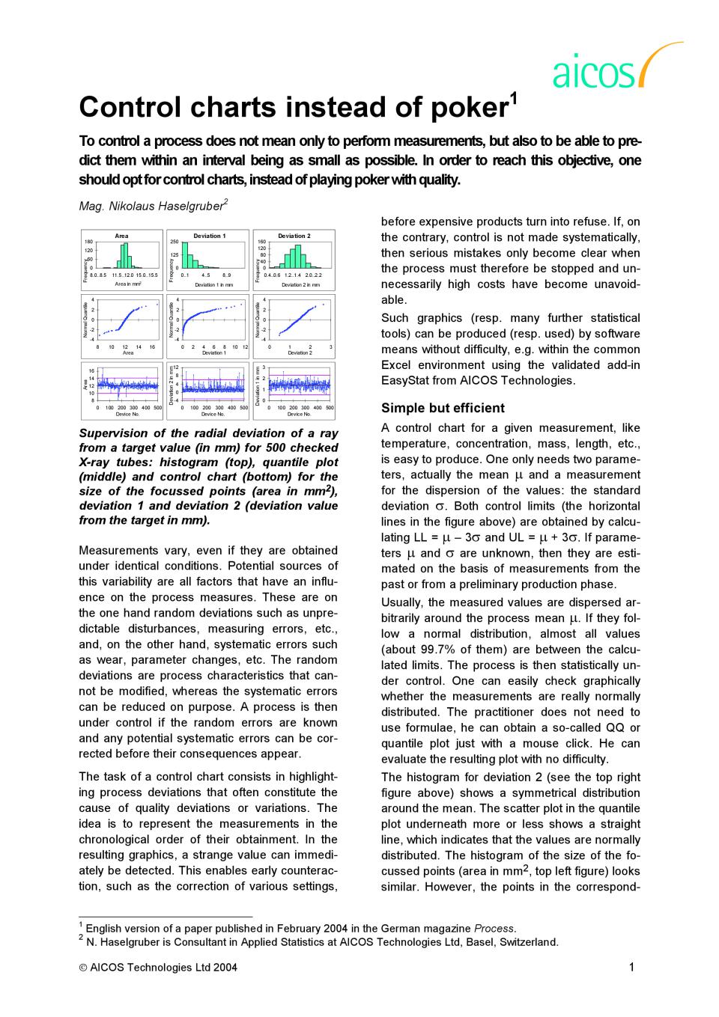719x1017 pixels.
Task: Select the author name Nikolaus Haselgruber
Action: [x=166, y=205]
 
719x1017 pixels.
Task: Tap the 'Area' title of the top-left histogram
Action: [x=121, y=236]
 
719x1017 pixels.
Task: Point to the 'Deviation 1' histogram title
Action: [x=209, y=236]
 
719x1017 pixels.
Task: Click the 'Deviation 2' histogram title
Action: [x=294, y=236]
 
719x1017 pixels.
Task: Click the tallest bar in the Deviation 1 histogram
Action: [x=184, y=254]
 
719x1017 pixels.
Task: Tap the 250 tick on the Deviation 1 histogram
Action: [x=175, y=242]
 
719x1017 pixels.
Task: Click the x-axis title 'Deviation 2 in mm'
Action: [x=300, y=285]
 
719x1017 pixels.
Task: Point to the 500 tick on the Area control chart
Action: [x=157, y=408]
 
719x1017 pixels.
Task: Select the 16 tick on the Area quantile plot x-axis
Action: [x=152, y=347]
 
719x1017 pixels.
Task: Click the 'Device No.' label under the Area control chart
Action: [x=127, y=414]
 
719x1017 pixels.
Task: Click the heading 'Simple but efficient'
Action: [x=443, y=408]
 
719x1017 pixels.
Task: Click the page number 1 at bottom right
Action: [x=631, y=967]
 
